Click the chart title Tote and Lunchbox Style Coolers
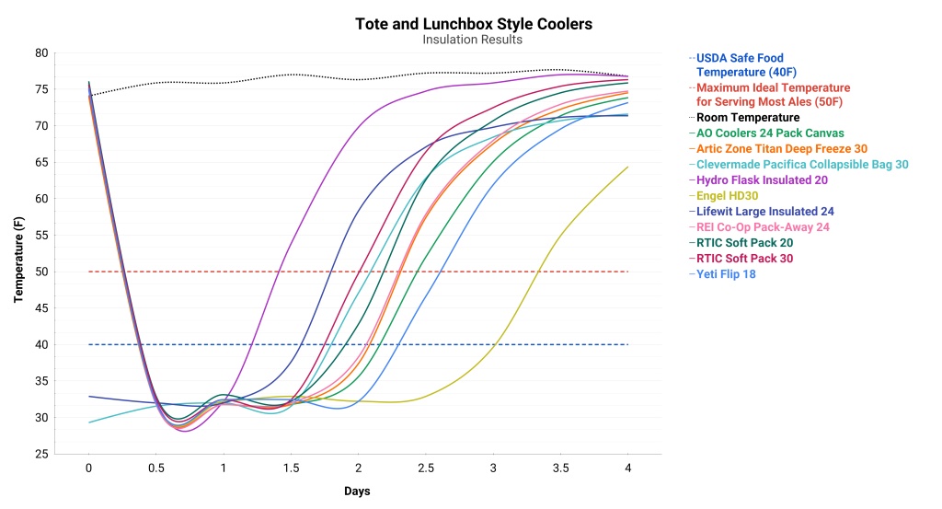click(x=473, y=24)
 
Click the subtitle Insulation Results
click(x=473, y=40)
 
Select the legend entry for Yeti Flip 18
click(x=726, y=274)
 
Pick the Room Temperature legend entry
click(x=748, y=118)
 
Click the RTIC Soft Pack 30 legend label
click(x=744, y=259)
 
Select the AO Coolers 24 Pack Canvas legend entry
click(x=770, y=133)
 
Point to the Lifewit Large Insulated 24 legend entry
click(x=765, y=212)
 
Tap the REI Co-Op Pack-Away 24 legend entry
click(x=763, y=227)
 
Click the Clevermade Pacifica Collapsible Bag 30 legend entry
click(x=802, y=165)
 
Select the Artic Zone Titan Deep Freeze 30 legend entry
click(x=781, y=149)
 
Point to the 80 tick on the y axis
click(x=41, y=53)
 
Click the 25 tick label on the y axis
click(x=41, y=455)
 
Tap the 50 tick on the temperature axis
click(x=41, y=272)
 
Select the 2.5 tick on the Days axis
click(x=426, y=469)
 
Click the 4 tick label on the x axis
click(x=628, y=469)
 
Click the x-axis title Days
click(x=358, y=492)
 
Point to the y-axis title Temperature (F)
click(x=18, y=253)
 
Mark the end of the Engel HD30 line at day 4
click(x=628, y=167)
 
